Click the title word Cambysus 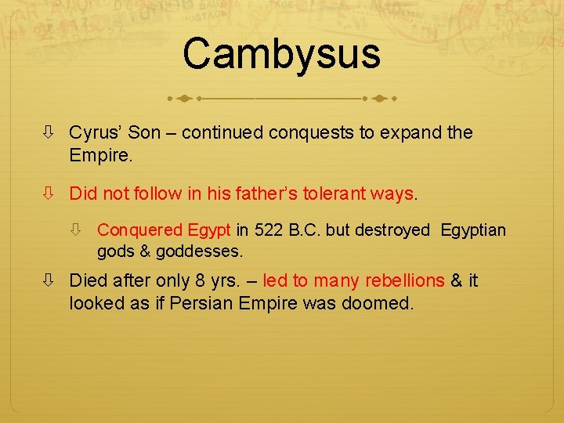point(281,53)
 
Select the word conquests point(311,132)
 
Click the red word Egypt point(209,230)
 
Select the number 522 point(269,230)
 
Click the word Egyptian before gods point(473,230)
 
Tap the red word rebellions point(405,280)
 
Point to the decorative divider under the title point(281,99)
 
